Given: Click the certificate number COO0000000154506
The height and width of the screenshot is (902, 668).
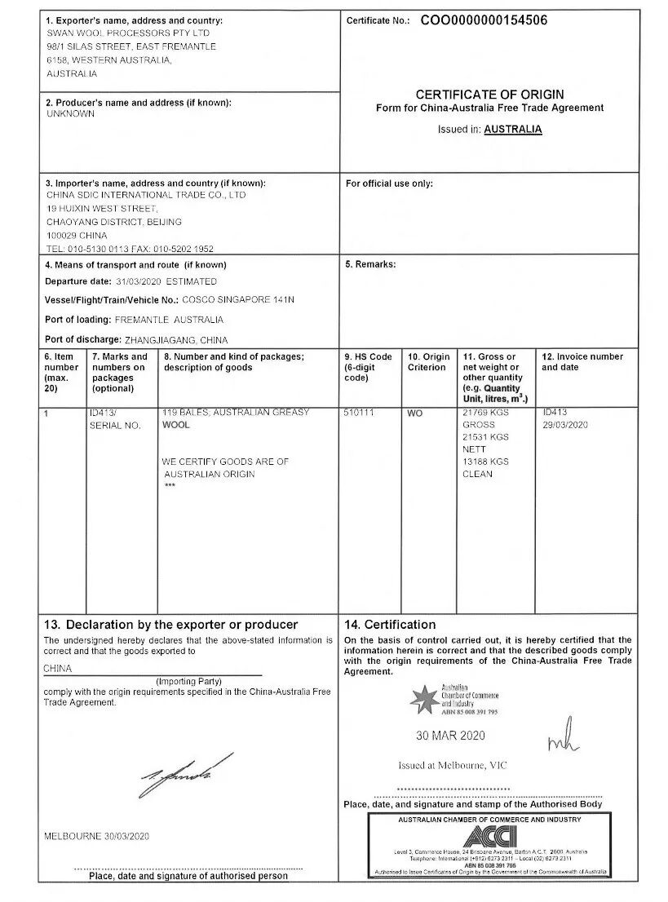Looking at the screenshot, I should pos(495,20).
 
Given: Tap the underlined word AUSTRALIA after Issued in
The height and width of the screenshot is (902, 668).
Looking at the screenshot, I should pos(513,129).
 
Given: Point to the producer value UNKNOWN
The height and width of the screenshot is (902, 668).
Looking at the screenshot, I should pos(71,114).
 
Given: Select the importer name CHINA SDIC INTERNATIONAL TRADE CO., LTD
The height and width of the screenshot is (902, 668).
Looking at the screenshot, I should pos(146,195).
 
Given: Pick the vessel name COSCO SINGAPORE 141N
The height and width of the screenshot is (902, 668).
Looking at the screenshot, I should pos(238,300).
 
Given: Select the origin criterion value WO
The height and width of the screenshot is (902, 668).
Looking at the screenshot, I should pos(415,413).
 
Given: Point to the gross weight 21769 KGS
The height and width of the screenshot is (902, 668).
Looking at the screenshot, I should pos(485,413).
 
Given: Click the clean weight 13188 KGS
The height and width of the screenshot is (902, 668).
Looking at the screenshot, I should pos(485,462).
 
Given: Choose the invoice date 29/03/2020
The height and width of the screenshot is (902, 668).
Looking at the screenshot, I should pos(565,425).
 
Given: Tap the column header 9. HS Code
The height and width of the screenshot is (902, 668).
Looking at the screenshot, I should pos(369,356).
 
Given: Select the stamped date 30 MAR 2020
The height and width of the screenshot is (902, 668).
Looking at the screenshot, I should pos(450,736).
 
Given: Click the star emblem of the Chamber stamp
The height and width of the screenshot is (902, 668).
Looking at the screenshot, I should pos(423,700).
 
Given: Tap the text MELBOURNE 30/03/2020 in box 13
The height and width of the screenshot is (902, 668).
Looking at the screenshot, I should pos(96,837).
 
